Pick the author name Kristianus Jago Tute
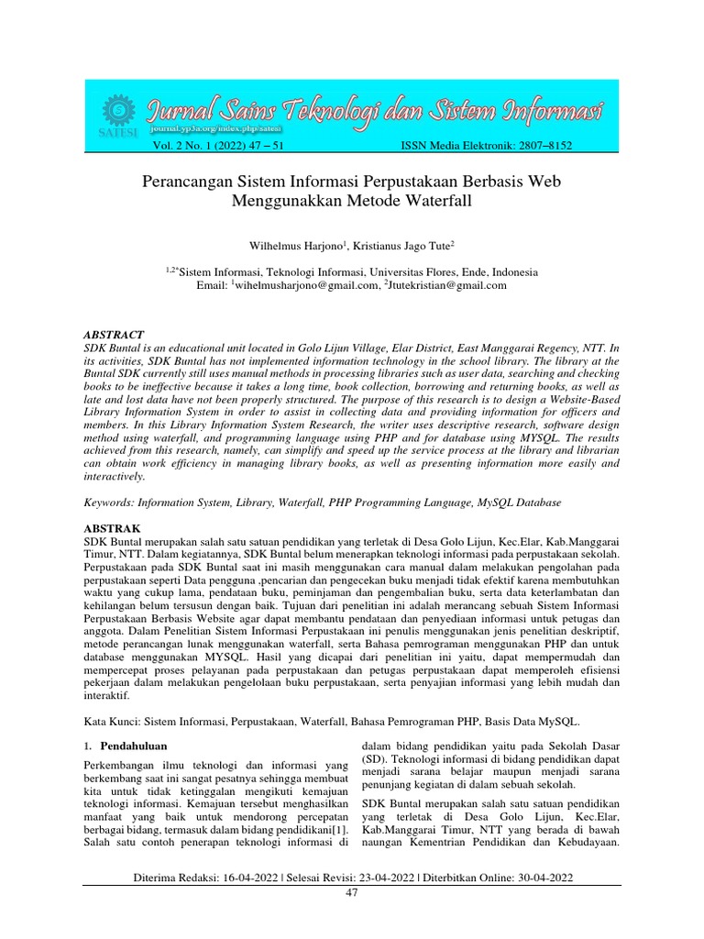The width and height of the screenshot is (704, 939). tap(402, 246)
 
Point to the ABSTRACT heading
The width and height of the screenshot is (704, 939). tap(114, 335)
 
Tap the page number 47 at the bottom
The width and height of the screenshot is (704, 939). tap(352, 892)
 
